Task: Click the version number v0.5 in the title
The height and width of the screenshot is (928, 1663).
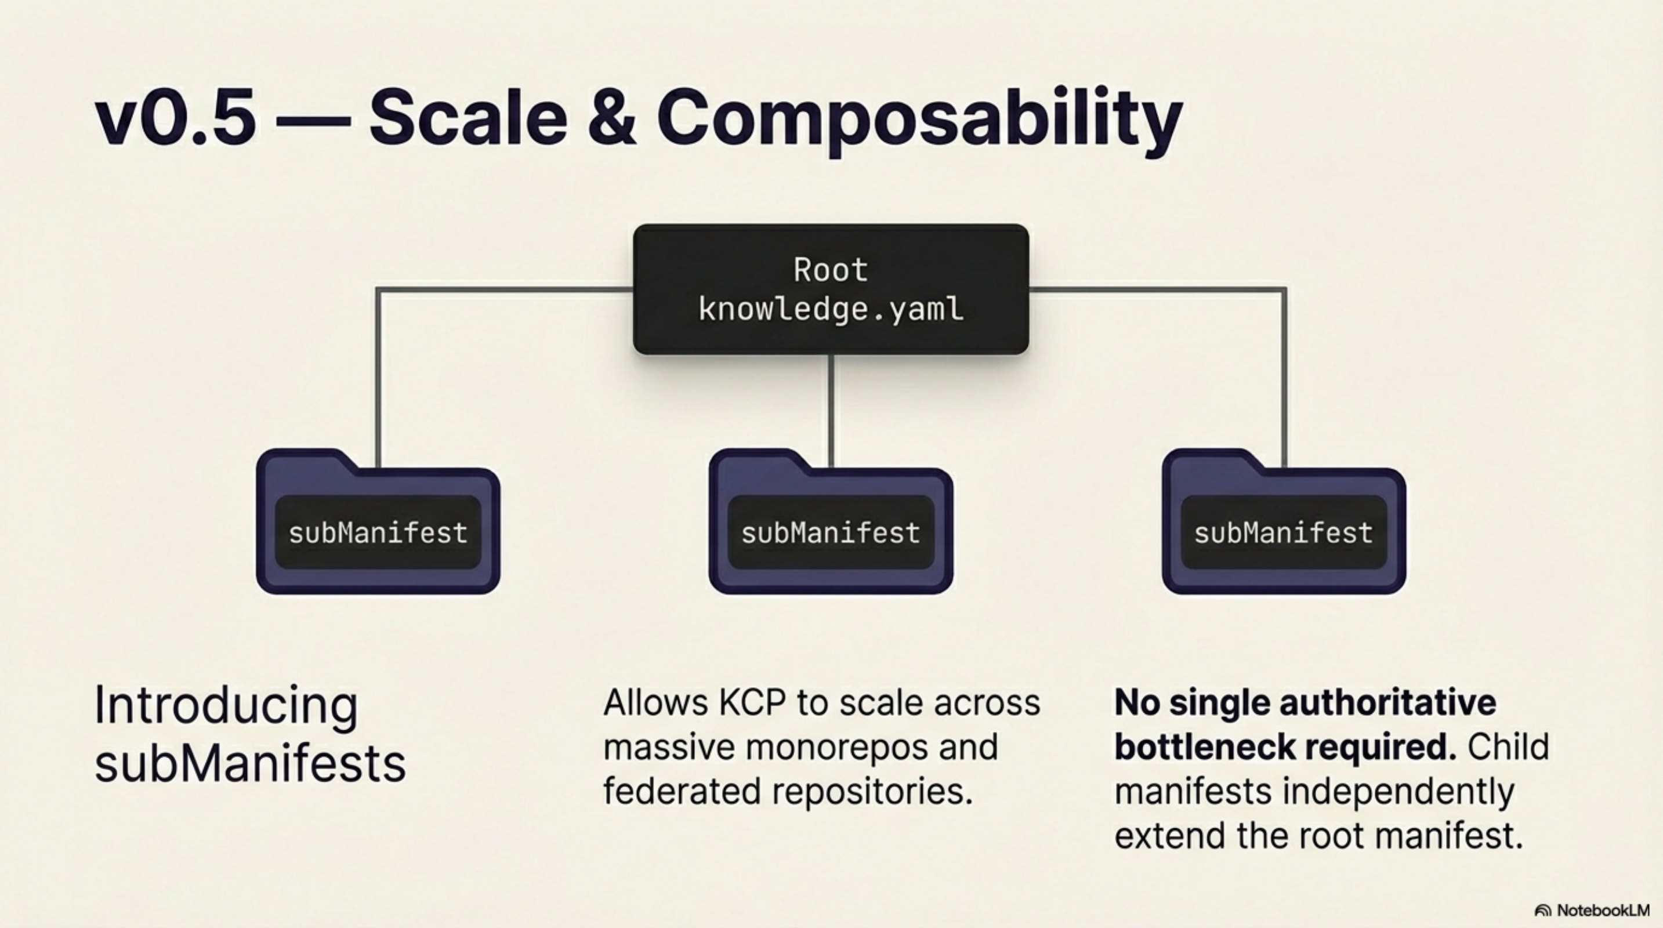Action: click(175, 119)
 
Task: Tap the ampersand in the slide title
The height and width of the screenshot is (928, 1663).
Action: click(611, 119)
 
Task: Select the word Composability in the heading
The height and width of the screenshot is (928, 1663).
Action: click(919, 119)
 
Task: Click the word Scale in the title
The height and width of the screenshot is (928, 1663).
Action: click(468, 119)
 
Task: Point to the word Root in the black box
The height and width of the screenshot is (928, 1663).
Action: click(830, 270)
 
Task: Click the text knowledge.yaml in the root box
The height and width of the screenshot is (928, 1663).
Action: click(830, 309)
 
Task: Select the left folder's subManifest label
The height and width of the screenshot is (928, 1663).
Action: click(378, 533)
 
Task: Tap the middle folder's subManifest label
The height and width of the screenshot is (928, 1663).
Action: click(830, 533)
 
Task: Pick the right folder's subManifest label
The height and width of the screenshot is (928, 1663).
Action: click(1284, 533)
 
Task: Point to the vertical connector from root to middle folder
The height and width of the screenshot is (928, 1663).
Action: click(831, 410)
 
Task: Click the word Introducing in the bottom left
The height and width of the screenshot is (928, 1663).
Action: click(226, 705)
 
